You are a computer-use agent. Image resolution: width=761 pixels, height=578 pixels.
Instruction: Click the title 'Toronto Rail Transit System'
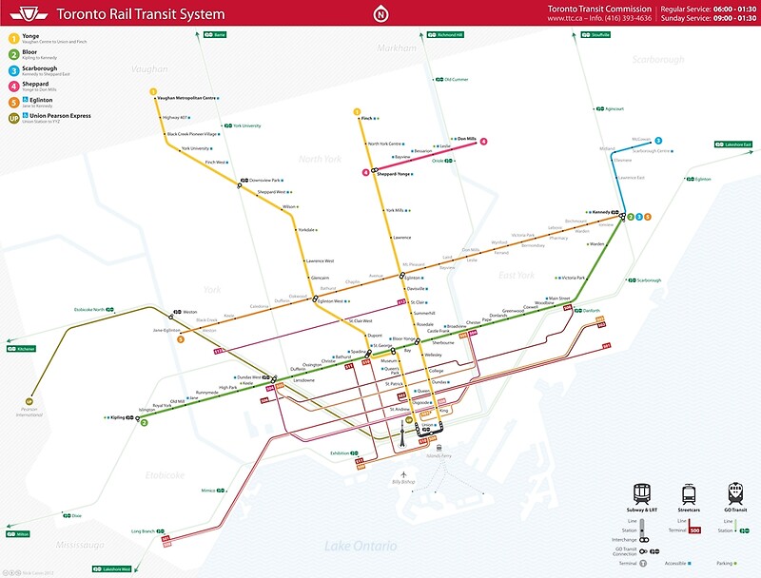[141, 14]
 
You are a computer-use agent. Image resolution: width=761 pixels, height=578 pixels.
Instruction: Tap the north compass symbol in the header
[380, 14]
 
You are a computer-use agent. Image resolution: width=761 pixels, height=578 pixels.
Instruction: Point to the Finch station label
[367, 118]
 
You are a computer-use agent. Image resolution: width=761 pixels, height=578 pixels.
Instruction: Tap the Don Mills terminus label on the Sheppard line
[466, 139]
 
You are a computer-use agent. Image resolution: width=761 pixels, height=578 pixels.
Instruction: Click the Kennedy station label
[600, 212]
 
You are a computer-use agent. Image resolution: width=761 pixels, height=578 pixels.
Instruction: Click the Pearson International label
[29, 413]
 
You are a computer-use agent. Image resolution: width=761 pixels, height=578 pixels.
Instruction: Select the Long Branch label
[143, 530]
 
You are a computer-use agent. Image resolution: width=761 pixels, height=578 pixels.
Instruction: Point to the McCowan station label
[615, 139]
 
